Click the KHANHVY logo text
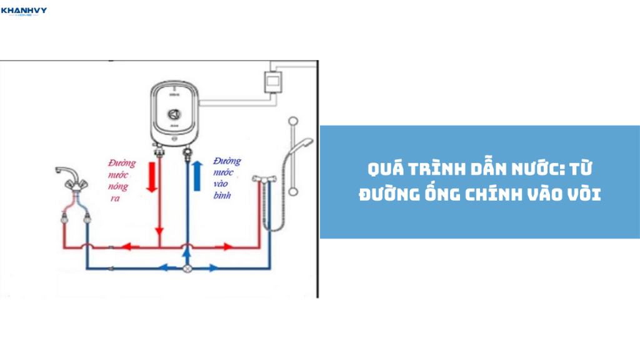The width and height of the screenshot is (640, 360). [x=24, y=10]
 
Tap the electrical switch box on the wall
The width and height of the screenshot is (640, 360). [x=273, y=81]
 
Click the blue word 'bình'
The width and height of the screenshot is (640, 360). [x=222, y=195]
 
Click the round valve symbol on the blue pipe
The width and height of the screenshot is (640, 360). [x=186, y=269]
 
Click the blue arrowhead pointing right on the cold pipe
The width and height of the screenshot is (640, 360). [x=213, y=268]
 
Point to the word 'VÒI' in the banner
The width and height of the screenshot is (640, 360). [x=582, y=194]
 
